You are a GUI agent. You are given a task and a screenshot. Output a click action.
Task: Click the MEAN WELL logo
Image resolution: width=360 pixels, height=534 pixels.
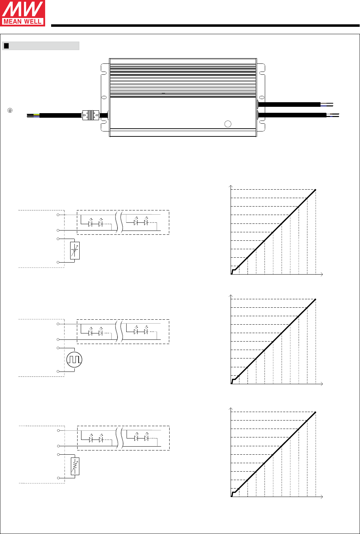pos(23,13)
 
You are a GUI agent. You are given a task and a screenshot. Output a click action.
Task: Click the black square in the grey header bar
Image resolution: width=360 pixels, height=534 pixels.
pos(6,46)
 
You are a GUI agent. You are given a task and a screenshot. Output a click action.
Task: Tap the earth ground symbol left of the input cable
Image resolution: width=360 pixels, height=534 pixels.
pos(10,110)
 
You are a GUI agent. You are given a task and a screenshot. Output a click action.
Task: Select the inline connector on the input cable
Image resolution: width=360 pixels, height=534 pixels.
pos(91,115)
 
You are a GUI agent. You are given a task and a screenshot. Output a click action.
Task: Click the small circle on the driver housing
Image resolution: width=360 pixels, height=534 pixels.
pos(228,124)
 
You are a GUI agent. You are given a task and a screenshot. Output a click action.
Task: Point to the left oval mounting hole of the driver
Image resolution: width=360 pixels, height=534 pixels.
pos(104,98)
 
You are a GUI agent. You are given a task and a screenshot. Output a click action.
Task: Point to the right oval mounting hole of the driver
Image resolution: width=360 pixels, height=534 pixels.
pos(262,98)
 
